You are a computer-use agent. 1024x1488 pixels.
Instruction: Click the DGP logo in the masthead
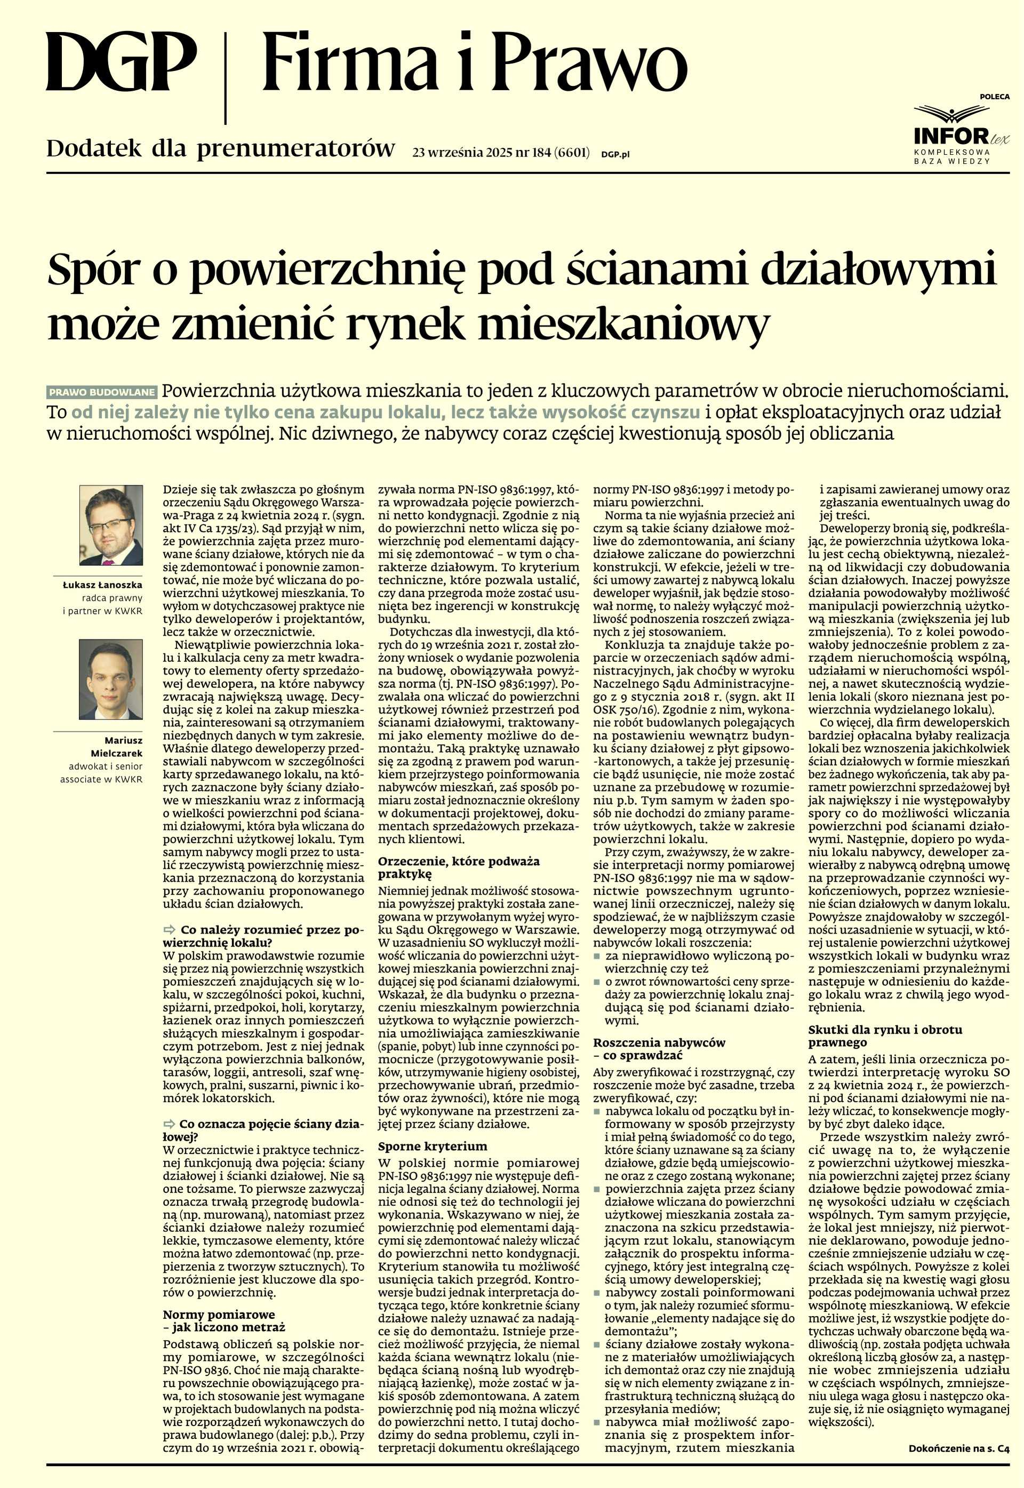click(121, 63)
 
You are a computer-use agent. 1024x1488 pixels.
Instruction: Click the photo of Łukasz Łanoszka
click(111, 525)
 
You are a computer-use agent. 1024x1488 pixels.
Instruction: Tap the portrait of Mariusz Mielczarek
click(111, 680)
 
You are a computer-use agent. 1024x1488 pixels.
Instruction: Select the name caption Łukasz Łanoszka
click(102, 585)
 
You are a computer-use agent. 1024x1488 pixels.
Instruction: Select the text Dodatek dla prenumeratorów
click(220, 149)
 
